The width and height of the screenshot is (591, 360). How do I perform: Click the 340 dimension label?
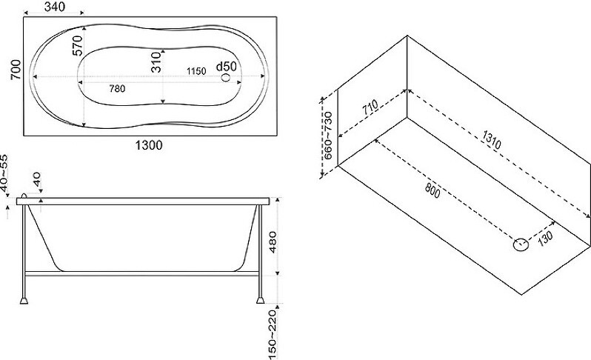pyautogui.click(x=55, y=7)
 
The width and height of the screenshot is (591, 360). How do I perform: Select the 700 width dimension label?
pyautogui.click(x=16, y=70)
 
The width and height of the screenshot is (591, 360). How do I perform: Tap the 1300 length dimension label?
pyautogui.click(x=149, y=145)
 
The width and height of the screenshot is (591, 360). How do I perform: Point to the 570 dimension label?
pyautogui.click(x=77, y=46)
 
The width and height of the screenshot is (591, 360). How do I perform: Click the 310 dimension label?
pyautogui.click(x=156, y=62)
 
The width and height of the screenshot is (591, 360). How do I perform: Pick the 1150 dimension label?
pyautogui.click(x=196, y=71)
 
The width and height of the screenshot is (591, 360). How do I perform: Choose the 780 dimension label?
pyautogui.click(x=117, y=89)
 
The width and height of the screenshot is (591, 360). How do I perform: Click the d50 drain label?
pyautogui.click(x=226, y=67)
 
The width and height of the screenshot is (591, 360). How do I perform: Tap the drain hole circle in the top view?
pyautogui.click(x=225, y=77)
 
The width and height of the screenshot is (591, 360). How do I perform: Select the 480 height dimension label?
pyautogui.click(x=273, y=242)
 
